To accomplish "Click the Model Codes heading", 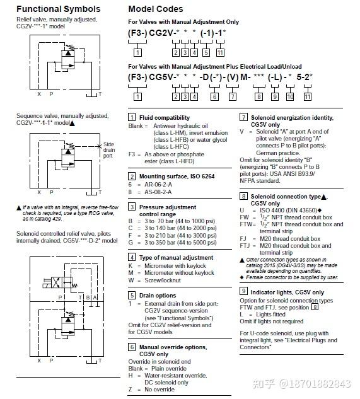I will [156, 9].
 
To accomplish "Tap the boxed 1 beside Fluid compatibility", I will [132, 117].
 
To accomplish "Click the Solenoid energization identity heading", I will [295, 117].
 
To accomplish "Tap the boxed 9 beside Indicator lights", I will [243, 292].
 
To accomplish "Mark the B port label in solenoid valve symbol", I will [88, 297].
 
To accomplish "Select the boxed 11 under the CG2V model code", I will [219, 52].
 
